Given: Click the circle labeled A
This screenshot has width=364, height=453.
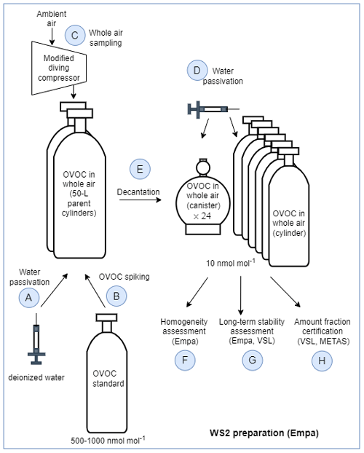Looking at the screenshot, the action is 29,297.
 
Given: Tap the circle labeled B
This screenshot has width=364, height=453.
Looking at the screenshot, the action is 116,296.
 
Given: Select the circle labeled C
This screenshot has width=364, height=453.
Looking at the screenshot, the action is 75,35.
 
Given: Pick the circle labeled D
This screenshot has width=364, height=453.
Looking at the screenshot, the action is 197,70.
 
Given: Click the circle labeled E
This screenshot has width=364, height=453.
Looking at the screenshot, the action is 140,169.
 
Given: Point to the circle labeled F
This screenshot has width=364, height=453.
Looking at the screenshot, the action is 185,361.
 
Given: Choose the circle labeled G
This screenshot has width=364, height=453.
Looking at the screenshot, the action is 252,361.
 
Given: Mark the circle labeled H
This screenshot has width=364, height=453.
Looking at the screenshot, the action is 322,361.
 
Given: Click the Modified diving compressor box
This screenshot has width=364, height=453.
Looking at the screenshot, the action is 59,68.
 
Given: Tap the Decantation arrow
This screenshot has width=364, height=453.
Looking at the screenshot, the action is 141,200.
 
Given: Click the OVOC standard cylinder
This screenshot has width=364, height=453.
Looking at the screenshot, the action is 107,374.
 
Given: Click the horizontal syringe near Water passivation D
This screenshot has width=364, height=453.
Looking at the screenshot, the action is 213,109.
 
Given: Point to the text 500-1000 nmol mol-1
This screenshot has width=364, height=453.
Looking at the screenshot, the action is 108,441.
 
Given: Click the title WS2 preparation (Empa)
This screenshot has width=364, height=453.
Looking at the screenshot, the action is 264,433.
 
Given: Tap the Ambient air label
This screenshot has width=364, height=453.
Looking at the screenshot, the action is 52,18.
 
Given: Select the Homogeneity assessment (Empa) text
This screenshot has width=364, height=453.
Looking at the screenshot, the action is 184,331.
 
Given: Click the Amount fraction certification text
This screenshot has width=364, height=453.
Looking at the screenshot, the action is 323,326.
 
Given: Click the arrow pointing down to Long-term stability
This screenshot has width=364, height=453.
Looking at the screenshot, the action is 241,296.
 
